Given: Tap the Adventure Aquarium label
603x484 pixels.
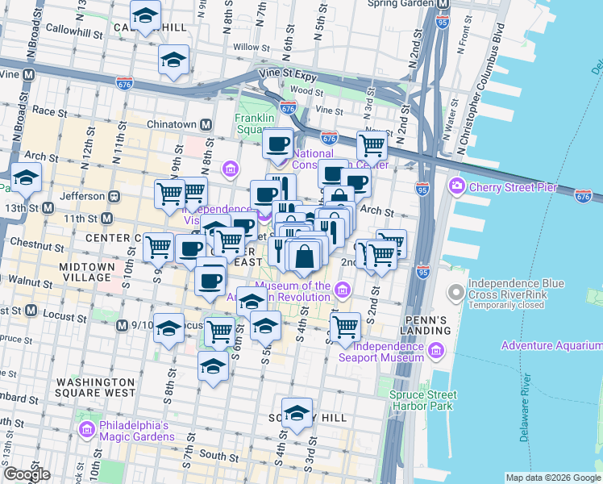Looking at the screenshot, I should (x=551, y=346).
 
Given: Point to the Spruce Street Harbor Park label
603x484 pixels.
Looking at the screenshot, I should (x=423, y=400).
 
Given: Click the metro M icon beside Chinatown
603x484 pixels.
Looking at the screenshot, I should (x=206, y=124).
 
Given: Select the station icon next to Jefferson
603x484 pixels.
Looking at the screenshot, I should (x=114, y=195).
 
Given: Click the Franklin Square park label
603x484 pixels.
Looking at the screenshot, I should (x=256, y=123).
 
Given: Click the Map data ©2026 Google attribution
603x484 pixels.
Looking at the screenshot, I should (x=553, y=478).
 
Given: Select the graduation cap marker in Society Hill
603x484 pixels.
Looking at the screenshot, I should (x=297, y=411).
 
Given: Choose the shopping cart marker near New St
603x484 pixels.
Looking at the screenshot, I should (x=372, y=145).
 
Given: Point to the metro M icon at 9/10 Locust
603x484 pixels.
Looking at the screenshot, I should (x=121, y=325).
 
